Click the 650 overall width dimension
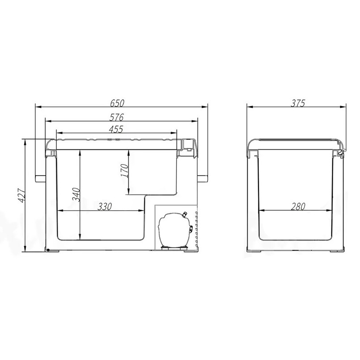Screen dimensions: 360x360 click(117, 103)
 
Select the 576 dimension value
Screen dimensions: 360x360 click(116, 117)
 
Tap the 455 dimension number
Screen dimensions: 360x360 click(116, 129)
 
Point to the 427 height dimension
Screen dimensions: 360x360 click(21, 195)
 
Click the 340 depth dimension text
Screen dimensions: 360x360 click(76, 195)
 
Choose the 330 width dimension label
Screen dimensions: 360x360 click(105, 207)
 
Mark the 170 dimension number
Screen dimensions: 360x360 click(124, 170)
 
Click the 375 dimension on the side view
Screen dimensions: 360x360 click(298, 103)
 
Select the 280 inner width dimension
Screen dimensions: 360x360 click(298, 207)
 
